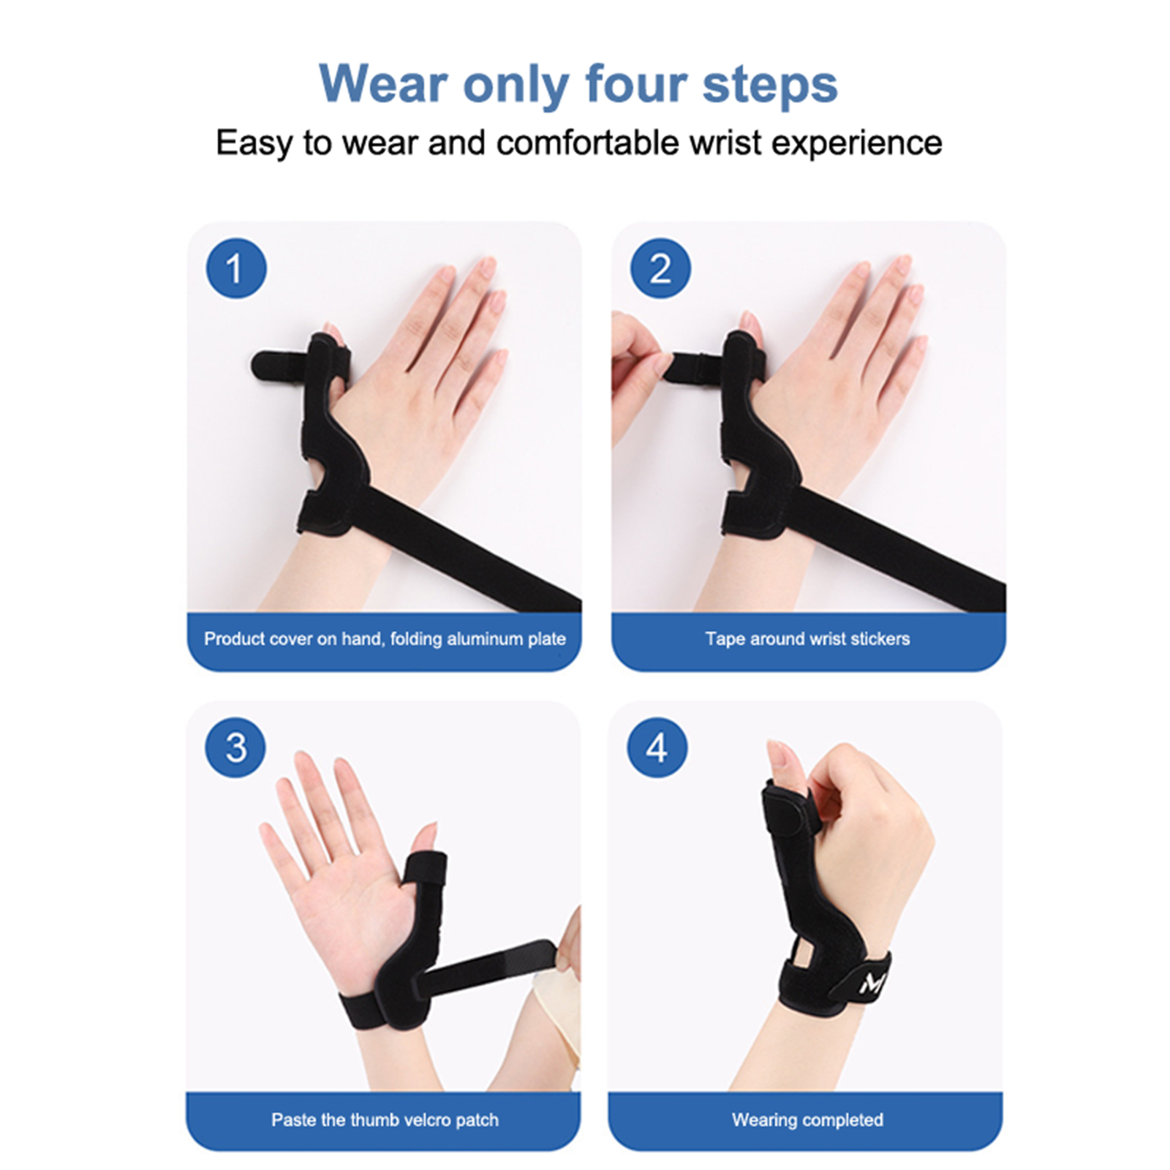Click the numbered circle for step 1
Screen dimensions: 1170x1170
tap(235, 268)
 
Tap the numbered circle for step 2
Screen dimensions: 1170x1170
tap(660, 268)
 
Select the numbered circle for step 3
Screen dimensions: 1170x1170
tap(235, 747)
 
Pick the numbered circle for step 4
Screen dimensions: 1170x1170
tap(657, 747)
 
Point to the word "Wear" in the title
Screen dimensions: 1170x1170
tap(383, 84)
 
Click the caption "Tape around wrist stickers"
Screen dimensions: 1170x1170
tap(807, 638)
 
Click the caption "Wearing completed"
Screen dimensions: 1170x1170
tap(807, 1120)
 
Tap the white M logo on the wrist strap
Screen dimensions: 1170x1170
tap(872, 984)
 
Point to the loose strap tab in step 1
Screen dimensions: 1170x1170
tap(282, 364)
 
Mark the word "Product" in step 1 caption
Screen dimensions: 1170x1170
tap(233, 638)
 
